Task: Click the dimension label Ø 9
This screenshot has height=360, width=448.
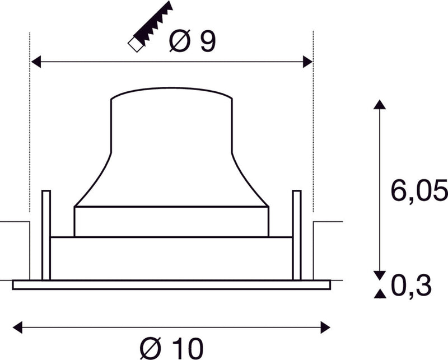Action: [192, 42]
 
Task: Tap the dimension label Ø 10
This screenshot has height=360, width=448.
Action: [170, 348]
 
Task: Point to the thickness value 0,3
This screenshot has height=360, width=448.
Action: [412, 287]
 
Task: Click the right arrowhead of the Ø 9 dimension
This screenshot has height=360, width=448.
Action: [307, 62]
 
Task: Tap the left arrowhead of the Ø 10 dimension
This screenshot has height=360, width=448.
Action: [17, 325]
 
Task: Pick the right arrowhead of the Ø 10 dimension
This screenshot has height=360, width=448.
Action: [326, 325]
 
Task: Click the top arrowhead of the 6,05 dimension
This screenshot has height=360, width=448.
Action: [379, 105]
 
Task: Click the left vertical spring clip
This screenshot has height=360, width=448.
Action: [46, 235]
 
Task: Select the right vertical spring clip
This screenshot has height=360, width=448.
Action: [296, 235]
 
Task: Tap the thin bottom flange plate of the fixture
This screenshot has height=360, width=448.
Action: [171, 284]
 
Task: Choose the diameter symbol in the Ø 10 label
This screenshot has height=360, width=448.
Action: [150, 348]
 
